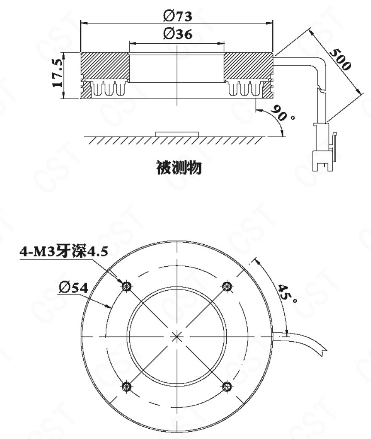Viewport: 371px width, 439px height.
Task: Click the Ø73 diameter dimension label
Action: click(178, 16)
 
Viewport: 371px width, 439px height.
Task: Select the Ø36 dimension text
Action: click(178, 34)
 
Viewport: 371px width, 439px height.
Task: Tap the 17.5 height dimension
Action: click(58, 73)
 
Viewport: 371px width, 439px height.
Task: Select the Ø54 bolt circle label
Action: click(74, 288)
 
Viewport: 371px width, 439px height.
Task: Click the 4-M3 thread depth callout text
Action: click(64, 251)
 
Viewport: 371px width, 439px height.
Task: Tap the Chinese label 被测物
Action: click(179, 168)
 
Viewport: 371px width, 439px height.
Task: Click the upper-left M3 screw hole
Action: click(127, 286)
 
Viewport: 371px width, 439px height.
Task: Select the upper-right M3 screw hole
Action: click(227, 286)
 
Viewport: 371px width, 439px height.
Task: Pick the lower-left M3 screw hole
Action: click(127, 387)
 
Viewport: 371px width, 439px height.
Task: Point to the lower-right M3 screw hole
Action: click(227, 387)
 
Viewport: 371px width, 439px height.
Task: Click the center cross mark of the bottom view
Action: click(177, 337)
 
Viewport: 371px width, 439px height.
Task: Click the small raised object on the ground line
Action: click(177, 134)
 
